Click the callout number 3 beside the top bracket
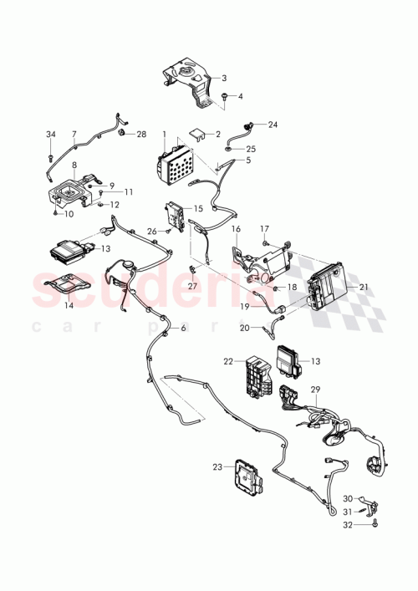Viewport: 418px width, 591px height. [x=224, y=78]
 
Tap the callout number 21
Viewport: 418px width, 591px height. [x=364, y=286]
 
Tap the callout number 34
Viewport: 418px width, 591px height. [x=50, y=135]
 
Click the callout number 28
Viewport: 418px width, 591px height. [x=141, y=134]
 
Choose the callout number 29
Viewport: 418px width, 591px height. [x=316, y=390]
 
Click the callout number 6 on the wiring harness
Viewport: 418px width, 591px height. [x=183, y=329]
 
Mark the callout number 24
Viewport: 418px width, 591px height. [x=273, y=124]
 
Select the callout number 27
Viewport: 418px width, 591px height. [x=192, y=285]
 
